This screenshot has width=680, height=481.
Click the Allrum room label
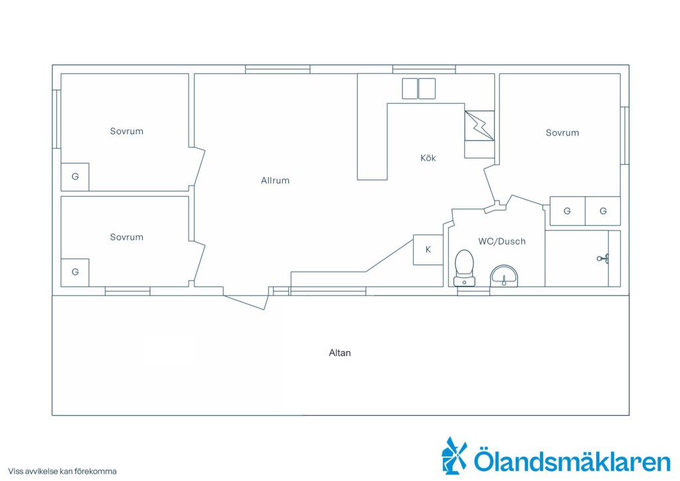275,181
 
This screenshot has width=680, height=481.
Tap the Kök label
428,158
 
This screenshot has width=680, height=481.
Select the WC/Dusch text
502,242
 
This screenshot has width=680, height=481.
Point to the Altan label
339,353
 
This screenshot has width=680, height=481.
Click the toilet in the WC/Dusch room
464,268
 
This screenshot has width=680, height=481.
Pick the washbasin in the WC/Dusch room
504,276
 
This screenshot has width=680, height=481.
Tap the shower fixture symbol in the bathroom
603,259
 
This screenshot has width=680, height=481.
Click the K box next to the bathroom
428,250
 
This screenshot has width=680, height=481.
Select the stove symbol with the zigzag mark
479,126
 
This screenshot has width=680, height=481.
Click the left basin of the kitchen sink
409,88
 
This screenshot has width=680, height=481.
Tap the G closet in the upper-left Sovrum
75,177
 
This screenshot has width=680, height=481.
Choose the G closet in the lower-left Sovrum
75,272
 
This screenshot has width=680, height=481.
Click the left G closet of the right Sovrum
567,211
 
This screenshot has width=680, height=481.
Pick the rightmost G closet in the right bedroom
603,211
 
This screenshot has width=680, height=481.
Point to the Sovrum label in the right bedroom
562,133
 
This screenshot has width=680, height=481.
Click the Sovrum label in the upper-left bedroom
126,131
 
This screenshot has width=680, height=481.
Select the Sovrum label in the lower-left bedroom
126,237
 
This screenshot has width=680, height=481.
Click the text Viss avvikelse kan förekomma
62,471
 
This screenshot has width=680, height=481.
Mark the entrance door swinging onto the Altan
245,302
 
